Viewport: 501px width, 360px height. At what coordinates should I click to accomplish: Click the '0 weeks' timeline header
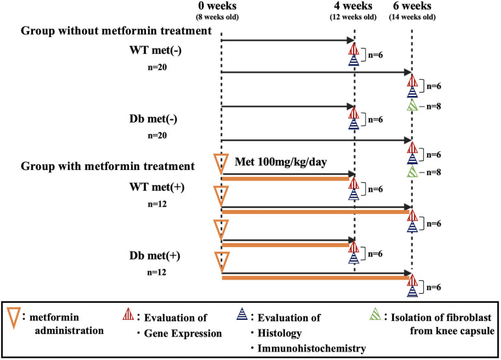click(221, 6)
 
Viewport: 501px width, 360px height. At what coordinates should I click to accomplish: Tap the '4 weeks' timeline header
click(354, 6)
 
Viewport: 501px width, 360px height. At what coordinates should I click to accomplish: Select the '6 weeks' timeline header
click(411, 6)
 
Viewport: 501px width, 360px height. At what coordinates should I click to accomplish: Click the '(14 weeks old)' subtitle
click(412, 17)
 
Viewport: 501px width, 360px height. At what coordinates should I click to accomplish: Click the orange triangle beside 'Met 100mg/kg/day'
click(221, 162)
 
